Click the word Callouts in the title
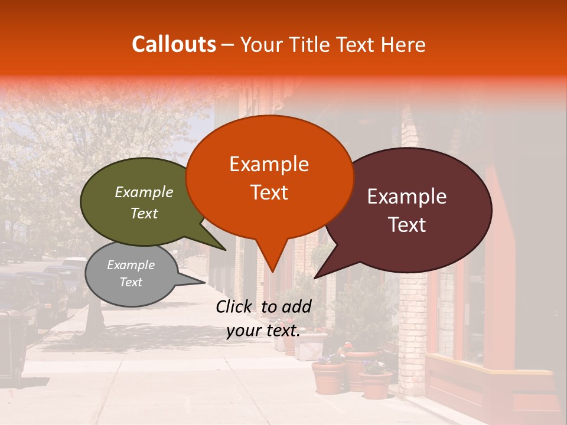click(174, 44)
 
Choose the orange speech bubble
click(269, 177)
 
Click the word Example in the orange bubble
click(269, 164)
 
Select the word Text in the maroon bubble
click(408, 225)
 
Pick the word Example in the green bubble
click(144, 192)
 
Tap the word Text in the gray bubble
click(131, 282)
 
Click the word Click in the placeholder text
click(235, 306)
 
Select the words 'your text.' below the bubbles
click(263, 331)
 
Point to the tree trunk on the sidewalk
click(93, 319)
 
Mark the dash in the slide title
click(228, 44)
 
